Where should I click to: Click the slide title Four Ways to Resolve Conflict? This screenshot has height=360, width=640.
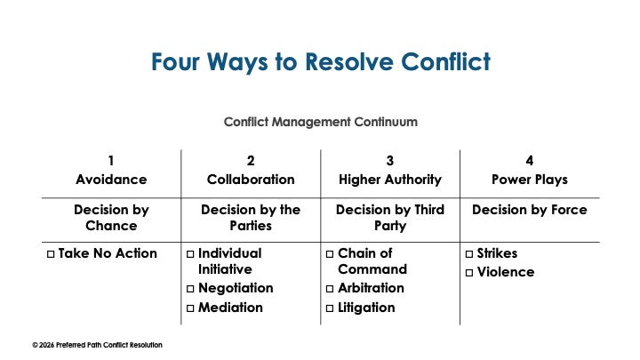320,62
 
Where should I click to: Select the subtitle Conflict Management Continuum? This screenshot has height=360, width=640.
320,121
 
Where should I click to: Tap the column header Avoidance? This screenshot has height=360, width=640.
110,179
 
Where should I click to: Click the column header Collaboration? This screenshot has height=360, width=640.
251,179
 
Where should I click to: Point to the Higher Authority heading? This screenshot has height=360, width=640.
390,179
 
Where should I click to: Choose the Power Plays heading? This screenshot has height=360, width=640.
530,179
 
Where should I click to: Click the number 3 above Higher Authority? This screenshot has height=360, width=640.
390,161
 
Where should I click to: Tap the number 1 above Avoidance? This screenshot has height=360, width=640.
110,161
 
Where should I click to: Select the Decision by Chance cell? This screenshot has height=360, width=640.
110,217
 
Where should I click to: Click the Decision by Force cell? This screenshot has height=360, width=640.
530,210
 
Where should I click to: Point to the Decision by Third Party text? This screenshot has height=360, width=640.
390,217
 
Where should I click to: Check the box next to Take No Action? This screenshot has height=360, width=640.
51,254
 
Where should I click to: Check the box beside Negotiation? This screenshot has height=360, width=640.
190,289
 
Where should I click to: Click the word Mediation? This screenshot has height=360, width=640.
230,308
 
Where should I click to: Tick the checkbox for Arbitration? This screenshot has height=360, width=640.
330,289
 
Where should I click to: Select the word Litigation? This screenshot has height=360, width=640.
366,308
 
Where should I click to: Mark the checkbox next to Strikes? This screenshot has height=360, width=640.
469,254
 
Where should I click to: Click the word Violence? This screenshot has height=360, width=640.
506,272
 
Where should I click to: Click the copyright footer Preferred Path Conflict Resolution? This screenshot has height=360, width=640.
97,345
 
